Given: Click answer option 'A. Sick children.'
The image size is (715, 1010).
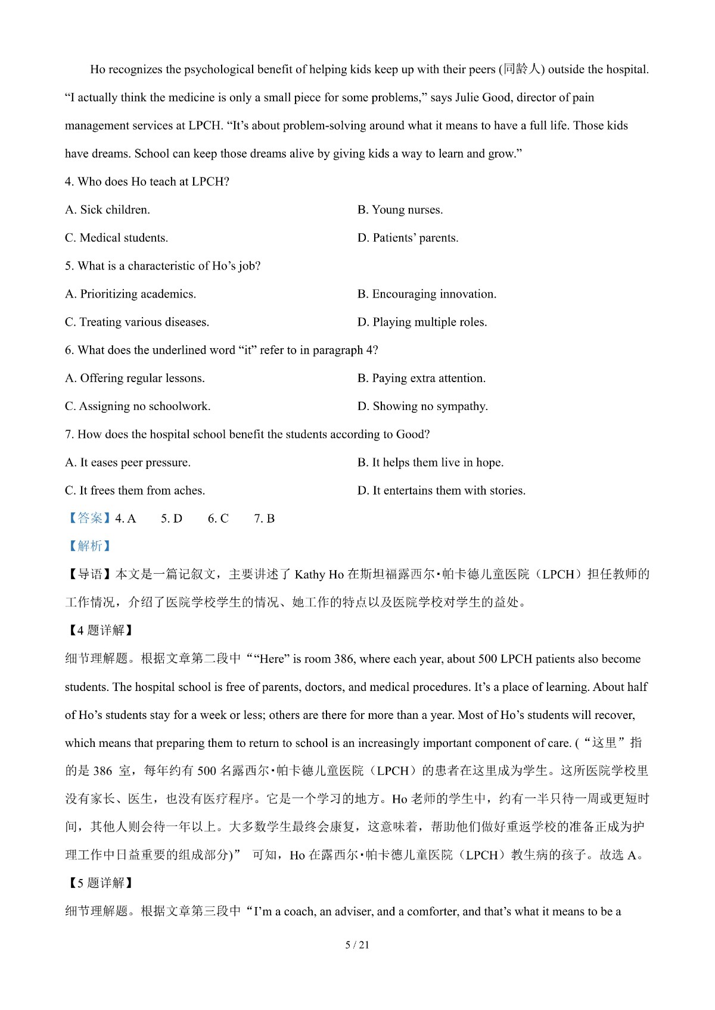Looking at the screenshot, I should tap(107, 209).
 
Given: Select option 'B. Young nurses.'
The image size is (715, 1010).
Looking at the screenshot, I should tap(400, 209).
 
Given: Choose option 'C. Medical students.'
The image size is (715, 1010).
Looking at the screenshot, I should tap(116, 237).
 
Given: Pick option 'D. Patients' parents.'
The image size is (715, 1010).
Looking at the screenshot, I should tap(408, 238).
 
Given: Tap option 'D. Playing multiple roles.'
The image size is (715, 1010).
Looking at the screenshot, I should tap(422, 322).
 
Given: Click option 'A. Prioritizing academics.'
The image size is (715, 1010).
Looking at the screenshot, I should tap(130, 294).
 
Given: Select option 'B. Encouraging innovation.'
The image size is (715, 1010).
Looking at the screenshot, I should tap(427, 294).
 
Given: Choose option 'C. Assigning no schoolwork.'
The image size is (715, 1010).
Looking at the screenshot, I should tap(137, 406).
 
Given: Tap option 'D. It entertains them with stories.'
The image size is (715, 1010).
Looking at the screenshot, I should tap(441, 490).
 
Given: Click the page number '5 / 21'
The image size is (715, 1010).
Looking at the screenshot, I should tap(357, 945).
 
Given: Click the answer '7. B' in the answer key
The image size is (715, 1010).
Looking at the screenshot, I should tap(264, 518).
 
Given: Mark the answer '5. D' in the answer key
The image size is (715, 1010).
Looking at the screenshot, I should tap(172, 518).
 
